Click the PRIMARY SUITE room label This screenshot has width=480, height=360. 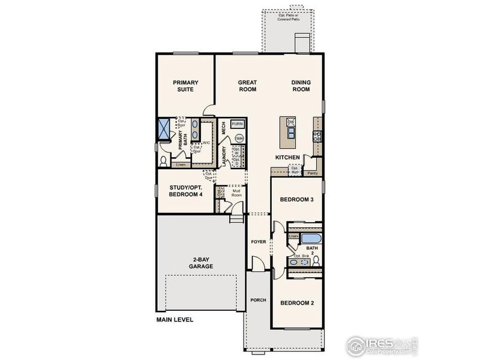(185, 86)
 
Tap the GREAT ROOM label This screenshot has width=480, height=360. (247, 86)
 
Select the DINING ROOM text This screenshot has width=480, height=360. (301, 86)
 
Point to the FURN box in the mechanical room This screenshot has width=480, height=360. (237, 124)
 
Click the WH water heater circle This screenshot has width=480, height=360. (239, 138)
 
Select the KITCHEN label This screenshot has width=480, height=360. (287, 157)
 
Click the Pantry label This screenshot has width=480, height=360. (312, 173)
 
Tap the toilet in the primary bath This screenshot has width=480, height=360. (164, 161)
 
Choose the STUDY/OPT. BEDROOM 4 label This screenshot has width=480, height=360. (185, 190)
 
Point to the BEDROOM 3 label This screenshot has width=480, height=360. (298, 200)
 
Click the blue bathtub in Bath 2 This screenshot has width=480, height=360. (310, 238)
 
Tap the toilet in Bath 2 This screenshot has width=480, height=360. (316, 259)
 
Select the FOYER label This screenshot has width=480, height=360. (259, 242)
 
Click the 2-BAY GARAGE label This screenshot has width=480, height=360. (199, 263)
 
